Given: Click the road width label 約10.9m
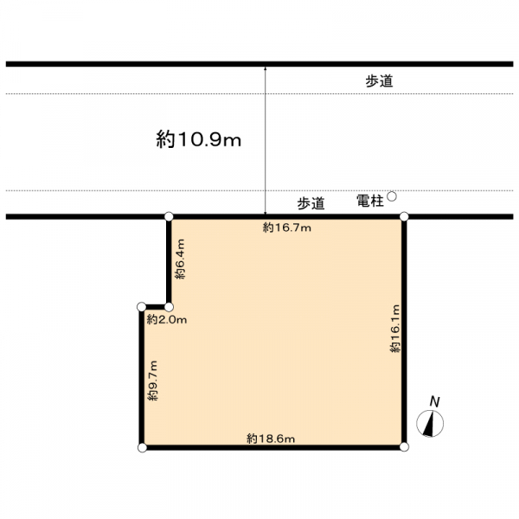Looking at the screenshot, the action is pyautogui.click(x=199, y=139).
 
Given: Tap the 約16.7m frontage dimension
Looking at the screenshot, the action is pyautogui.click(x=287, y=227).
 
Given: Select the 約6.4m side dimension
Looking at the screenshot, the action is pyautogui.click(x=181, y=259).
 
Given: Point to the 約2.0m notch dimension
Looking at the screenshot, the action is pyautogui.click(x=167, y=320).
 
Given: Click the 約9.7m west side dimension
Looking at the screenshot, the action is pyautogui.click(x=153, y=381).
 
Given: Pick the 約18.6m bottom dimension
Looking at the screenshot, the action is pyautogui.click(x=271, y=439).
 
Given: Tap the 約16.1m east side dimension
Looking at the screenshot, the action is pyautogui.click(x=395, y=329).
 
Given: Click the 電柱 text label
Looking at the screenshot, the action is pyautogui.click(x=370, y=201).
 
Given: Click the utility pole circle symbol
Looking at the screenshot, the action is pyautogui.click(x=392, y=196).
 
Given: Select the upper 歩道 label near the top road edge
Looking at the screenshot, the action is pyautogui.click(x=380, y=81).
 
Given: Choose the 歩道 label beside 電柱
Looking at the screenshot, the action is pyautogui.click(x=311, y=203).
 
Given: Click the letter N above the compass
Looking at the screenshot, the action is pyautogui.click(x=434, y=402).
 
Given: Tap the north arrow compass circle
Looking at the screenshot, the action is pyautogui.click(x=430, y=423).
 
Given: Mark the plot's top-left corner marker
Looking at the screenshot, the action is pyautogui.click(x=169, y=217).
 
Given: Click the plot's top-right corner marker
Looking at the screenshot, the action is pyautogui.click(x=404, y=217).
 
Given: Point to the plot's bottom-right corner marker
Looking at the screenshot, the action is pyautogui.click(x=404, y=447).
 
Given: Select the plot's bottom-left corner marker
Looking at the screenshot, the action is pyautogui.click(x=142, y=448).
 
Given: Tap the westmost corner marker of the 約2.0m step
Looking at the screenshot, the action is pyautogui.click(x=142, y=307).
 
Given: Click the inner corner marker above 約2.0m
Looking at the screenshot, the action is pyautogui.click(x=169, y=307).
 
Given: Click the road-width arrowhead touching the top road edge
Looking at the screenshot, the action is pyautogui.click(x=266, y=68).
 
